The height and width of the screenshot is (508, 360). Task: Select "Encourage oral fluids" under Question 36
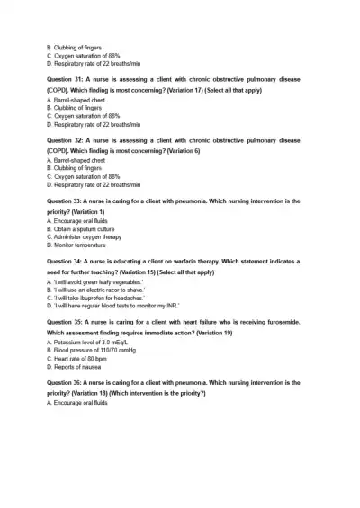(79, 403)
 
